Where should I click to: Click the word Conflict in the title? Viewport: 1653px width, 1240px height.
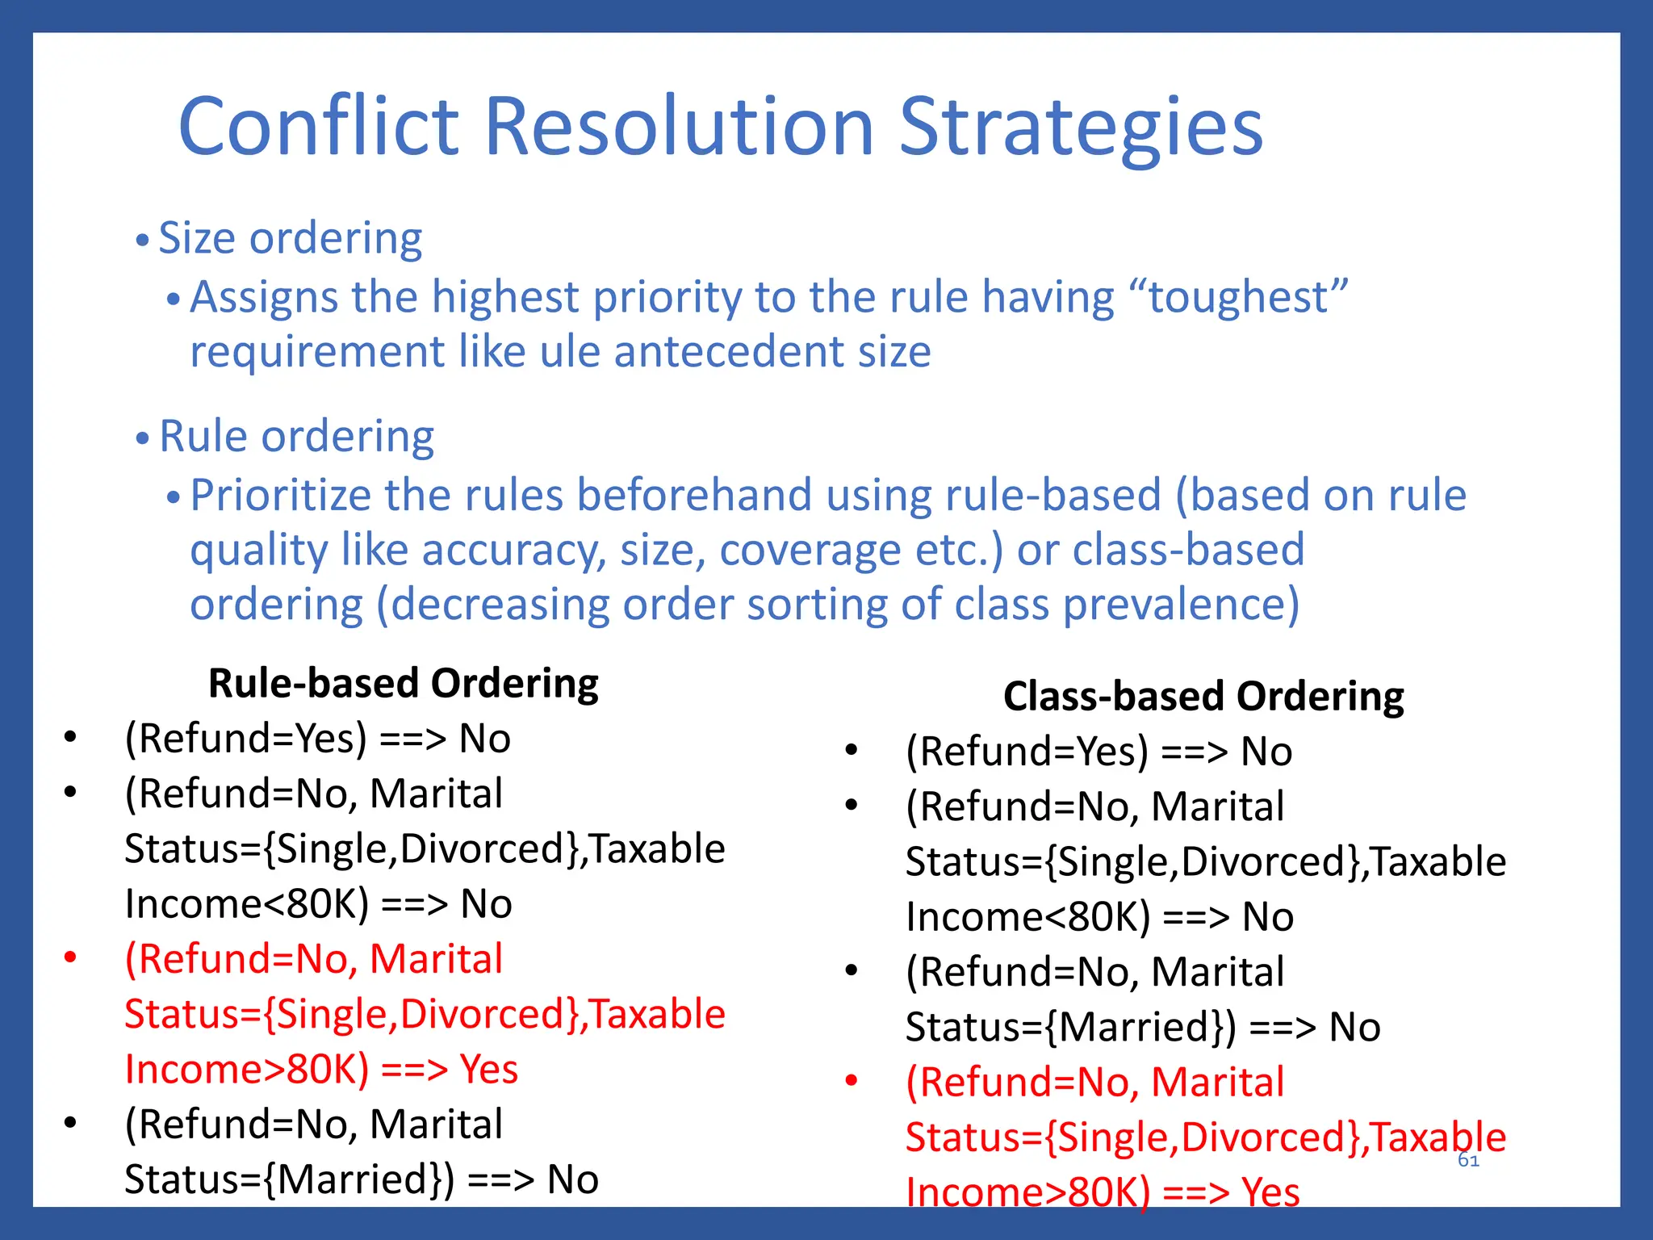pos(319,127)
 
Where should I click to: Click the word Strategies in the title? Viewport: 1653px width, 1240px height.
pos(1081,127)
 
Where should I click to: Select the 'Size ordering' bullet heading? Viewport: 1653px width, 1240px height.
pos(290,238)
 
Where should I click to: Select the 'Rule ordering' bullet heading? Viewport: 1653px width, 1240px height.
pos(296,437)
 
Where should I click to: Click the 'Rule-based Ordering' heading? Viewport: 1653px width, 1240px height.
pos(403,684)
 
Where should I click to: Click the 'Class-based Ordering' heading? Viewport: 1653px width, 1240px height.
pos(1203,697)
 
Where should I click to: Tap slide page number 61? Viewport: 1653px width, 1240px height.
pos(1468,1161)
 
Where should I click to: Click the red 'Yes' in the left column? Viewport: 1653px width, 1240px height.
pos(489,1070)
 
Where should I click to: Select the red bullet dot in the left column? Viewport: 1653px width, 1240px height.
pos(70,958)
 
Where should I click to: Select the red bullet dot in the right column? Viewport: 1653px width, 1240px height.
pos(851,1081)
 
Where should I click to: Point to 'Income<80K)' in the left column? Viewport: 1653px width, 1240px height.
pos(246,904)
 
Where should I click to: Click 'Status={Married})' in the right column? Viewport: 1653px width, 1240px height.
pos(1070,1028)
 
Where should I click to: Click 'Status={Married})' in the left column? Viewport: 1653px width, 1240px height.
pos(289,1179)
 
